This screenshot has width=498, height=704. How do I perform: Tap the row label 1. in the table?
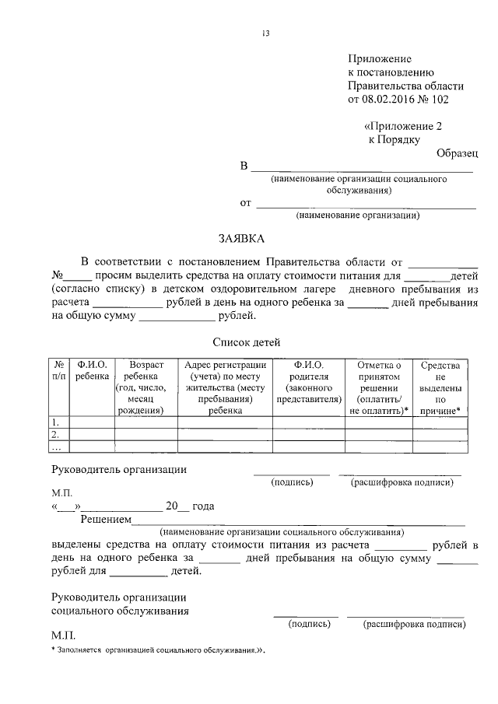[x=56, y=422]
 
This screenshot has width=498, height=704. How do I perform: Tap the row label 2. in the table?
[x=56, y=434]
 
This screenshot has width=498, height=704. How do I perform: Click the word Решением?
[x=106, y=520]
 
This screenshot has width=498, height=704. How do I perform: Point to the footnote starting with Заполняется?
[x=160, y=650]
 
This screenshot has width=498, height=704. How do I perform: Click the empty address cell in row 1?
[x=224, y=422]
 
